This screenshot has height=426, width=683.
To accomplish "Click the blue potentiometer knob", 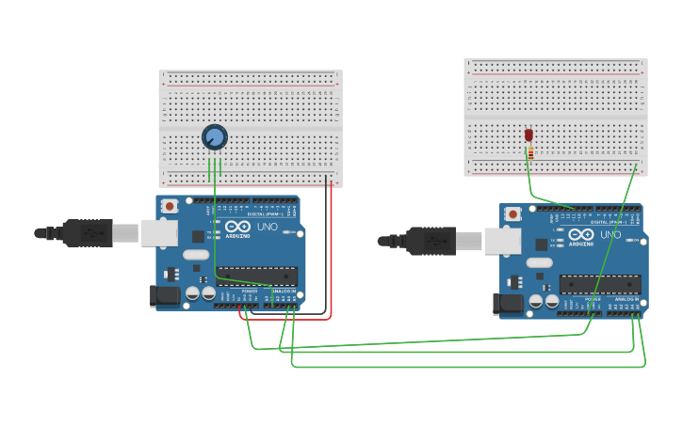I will tap(215, 137).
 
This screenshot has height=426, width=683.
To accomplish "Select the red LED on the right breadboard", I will tap(529, 135).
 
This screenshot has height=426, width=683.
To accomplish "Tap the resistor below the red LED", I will tap(530, 153).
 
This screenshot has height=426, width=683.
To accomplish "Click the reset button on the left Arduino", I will tap(170, 205).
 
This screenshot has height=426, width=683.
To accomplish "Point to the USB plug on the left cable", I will tap(89, 232).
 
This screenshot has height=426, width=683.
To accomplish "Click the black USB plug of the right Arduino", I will tap(432, 241).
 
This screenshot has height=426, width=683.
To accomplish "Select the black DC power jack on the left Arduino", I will tap(165, 296).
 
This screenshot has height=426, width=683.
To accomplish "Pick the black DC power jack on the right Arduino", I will tap(509, 304).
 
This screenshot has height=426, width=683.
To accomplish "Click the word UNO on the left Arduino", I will tap(268, 227).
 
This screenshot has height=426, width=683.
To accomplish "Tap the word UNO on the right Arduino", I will tap(610, 234).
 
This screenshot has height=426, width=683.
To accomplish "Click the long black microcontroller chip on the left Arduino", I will tap(257, 276).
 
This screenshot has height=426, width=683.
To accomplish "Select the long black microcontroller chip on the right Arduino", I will tap(600, 283).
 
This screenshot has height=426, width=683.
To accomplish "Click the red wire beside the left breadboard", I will tap(332, 254).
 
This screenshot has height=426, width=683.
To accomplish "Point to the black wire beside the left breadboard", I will tap(326, 245).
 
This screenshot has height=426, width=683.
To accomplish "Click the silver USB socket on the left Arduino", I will tap(159, 232).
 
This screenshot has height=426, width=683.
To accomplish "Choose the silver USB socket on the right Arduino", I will tap(502, 241).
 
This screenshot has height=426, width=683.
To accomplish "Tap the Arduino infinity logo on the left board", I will tap(237, 227).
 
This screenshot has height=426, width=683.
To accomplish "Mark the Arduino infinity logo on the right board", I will tap(580, 234).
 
